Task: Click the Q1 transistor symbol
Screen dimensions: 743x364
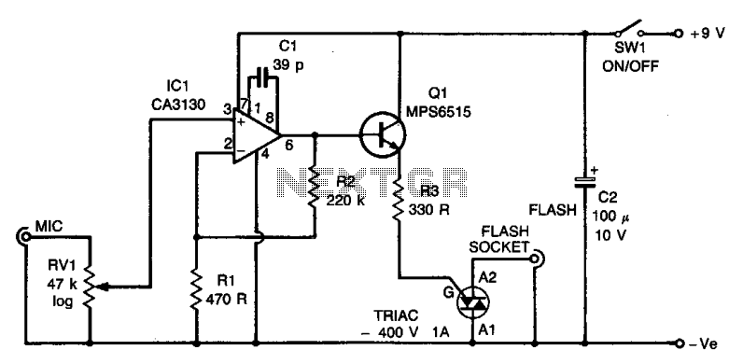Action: (383, 135)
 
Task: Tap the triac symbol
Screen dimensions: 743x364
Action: (473, 302)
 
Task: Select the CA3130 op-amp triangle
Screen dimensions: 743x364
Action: (256, 135)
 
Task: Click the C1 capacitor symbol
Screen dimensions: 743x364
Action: (262, 76)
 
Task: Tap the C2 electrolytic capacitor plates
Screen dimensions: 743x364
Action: (585, 183)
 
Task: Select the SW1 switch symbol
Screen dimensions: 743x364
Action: (629, 28)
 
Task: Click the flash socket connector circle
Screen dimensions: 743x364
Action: (536, 259)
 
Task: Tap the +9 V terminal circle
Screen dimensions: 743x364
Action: (680, 34)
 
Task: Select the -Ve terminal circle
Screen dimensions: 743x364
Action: (680, 343)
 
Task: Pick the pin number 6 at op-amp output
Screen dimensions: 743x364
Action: (289, 145)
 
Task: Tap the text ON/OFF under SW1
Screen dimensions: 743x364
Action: (630, 66)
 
